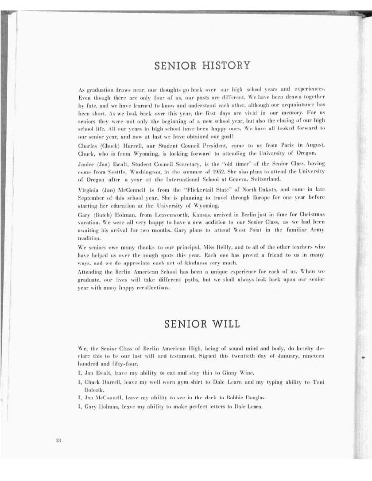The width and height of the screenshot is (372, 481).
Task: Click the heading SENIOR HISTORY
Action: pos(202,66)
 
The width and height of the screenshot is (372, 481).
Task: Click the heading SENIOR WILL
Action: pos(202,323)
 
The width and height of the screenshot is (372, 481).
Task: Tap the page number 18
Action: pos(58,439)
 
